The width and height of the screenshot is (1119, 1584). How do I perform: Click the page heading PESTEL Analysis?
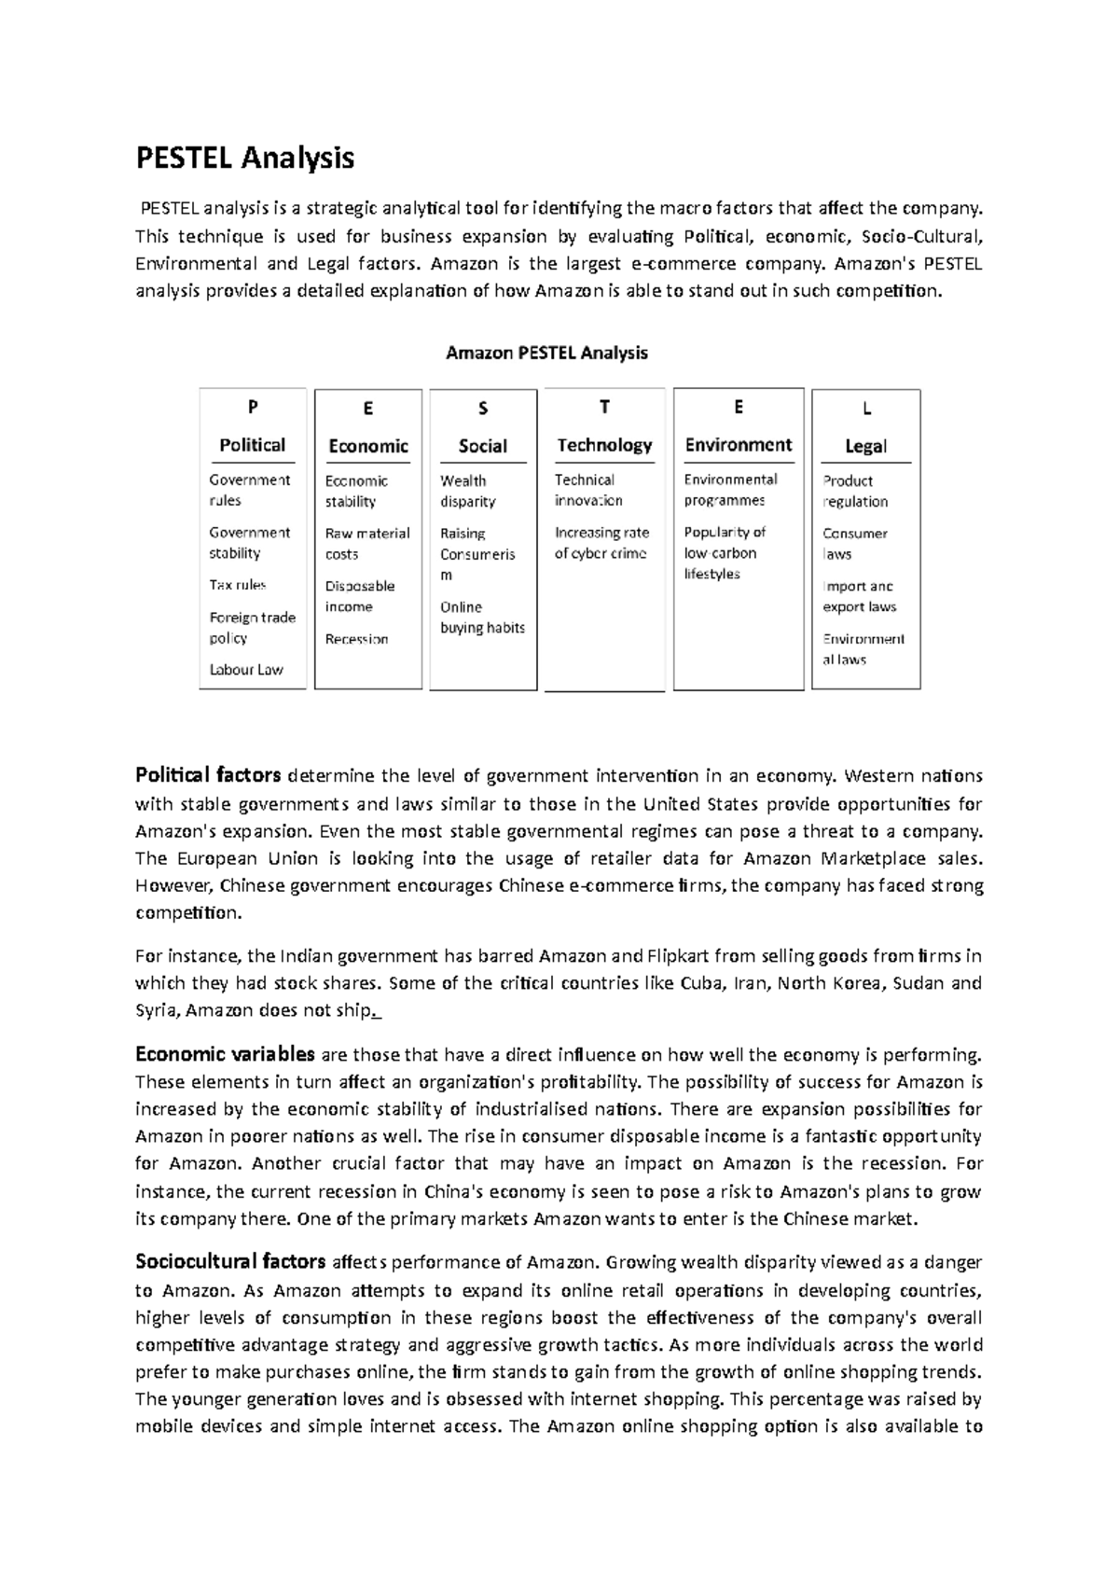click(245, 158)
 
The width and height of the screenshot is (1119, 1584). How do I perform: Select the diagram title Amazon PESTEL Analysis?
click(546, 354)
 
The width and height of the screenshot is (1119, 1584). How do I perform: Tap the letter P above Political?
click(252, 407)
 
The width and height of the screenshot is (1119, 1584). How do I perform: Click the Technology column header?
click(604, 445)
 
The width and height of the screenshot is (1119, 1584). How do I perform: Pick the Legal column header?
click(865, 446)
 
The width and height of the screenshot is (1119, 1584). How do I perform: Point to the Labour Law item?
click(246, 670)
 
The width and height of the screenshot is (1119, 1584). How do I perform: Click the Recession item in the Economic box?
click(356, 639)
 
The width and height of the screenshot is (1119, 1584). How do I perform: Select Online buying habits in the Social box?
click(482, 618)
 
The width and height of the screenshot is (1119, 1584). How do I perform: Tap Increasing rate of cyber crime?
click(601, 543)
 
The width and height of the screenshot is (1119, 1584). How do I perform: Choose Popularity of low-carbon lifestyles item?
click(724, 553)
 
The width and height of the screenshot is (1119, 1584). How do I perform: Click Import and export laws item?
click(859, 597)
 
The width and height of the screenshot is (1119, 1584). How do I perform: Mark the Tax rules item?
click(238, 585)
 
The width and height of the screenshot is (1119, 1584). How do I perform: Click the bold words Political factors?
click(208, 775)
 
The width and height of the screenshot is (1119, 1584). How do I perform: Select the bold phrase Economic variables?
click(225, 1055)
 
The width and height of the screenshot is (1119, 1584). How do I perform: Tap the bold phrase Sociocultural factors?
click(230, 1263)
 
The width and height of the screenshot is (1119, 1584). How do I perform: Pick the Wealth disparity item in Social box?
click(467, 492)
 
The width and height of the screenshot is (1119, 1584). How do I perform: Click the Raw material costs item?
click(366, 544)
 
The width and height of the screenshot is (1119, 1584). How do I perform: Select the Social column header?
click(482, 446)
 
